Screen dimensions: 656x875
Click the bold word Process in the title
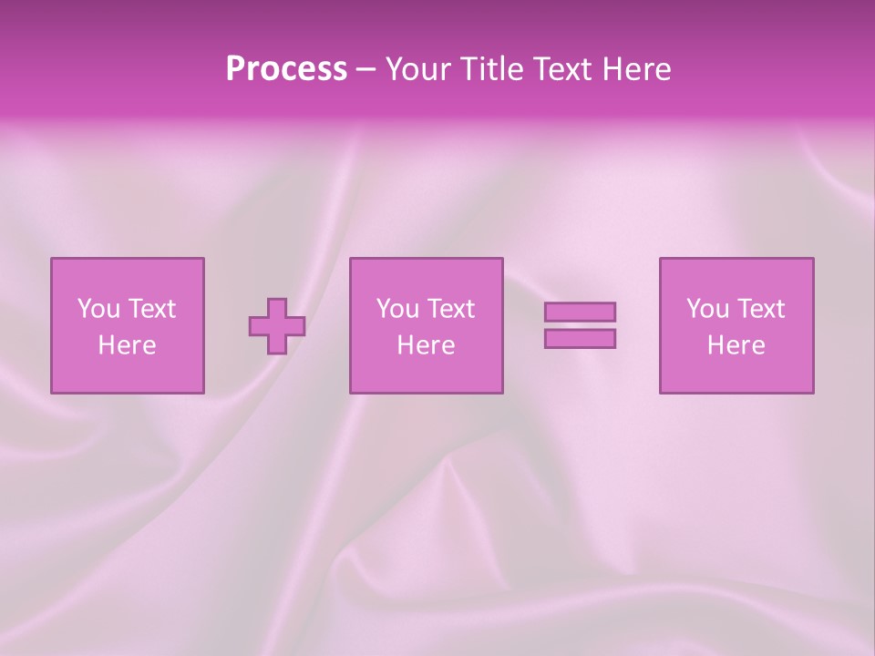coord(286,69)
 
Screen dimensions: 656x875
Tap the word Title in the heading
coord(489,69)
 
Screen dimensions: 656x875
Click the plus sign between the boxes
coord(277,326)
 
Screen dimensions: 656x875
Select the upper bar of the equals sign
coord(580,312)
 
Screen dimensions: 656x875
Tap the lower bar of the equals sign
coord(580,339)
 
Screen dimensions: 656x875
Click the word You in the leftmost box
coord(98,309)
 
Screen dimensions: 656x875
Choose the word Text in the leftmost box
coord(151,309)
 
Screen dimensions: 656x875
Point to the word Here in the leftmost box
coord(127,345)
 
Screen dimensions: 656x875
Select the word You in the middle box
coord(396,309)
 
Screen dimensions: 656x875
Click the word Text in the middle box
coord(450,309)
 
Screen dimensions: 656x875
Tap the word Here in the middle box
coord(426,345)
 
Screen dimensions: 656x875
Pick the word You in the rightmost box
coord(706,309)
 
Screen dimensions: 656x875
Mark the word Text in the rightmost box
coord(760,309)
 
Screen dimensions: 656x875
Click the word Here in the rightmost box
coord(736,345)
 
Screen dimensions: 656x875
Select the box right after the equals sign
coord(736,374)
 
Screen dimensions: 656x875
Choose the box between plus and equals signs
coord(427,374)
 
